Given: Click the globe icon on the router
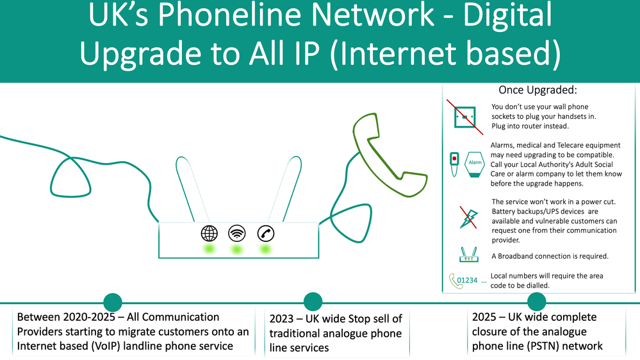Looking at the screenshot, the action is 209,234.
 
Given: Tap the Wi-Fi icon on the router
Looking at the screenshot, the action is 237,234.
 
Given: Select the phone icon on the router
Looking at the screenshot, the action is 266,234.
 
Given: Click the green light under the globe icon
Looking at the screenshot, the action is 209,249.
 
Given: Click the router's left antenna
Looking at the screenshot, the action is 191,189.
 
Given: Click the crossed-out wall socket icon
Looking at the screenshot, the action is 465,117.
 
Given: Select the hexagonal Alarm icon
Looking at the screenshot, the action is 475,164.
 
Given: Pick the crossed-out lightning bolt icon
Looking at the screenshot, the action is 468,218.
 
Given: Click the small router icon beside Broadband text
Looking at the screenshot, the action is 468,255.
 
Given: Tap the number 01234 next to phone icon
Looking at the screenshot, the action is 467,280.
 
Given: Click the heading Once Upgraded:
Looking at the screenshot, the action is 537,90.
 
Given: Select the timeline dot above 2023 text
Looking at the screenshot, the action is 313,302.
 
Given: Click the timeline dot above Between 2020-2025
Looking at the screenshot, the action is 113,302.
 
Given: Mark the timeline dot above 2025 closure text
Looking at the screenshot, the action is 536,302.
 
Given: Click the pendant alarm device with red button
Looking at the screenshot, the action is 454,164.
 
